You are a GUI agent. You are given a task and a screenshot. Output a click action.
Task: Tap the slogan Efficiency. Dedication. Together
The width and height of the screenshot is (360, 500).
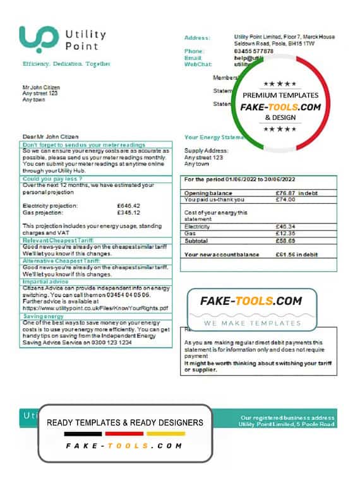[x=66, y=64]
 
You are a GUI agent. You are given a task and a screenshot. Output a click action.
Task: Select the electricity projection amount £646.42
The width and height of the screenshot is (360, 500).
[x=129, y=206]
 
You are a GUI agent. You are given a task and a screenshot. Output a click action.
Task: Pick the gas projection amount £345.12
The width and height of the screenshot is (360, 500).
[x=129, y=212]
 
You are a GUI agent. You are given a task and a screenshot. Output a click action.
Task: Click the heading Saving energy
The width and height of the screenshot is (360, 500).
[x=43, y=316]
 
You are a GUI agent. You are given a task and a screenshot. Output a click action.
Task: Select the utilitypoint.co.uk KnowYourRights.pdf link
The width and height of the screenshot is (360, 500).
[x=95, y=308]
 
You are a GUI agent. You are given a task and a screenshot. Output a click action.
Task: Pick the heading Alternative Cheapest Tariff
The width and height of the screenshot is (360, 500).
[x=61, y=261]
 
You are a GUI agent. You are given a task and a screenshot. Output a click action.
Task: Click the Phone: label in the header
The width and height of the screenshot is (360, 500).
[x=194, y=51]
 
